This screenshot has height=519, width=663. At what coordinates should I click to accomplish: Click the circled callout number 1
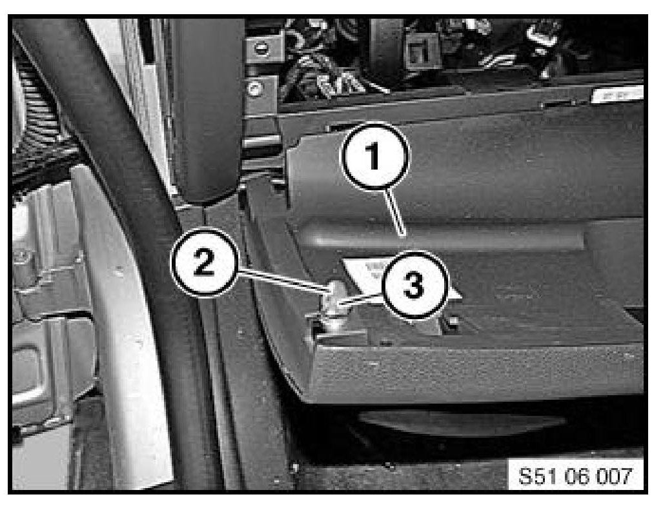374,155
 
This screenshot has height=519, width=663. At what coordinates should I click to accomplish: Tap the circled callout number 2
204,264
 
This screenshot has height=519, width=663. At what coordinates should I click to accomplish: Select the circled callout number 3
414,286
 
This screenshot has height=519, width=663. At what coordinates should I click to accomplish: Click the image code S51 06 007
575,476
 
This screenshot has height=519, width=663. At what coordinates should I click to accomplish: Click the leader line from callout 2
283,281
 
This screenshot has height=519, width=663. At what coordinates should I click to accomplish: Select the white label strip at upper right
617,94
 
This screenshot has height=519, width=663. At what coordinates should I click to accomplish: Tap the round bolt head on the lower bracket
255,90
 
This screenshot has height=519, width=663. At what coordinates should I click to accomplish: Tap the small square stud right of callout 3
453,322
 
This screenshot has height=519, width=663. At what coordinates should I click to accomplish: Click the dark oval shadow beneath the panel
461,422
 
